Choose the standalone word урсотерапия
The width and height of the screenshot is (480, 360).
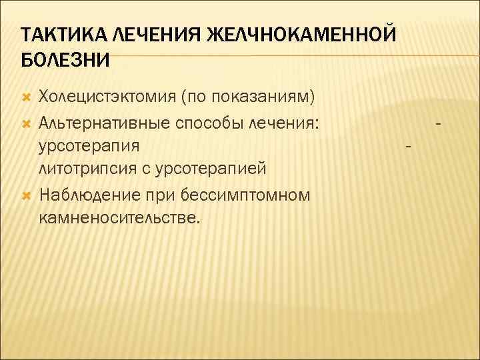89,146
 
